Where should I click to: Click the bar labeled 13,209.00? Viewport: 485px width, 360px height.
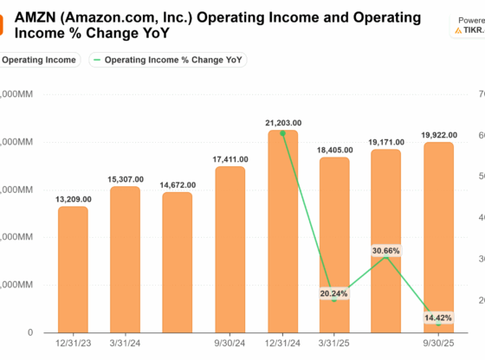click(73, 269)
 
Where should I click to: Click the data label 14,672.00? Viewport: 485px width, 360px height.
click(177, 185)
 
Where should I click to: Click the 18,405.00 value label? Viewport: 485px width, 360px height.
click(333, 150)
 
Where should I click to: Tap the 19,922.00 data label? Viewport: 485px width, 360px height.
click(437, 135)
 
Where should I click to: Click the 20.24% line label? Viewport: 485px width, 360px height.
click(333, 293)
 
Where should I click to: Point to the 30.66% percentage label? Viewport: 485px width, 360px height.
click(385, 250)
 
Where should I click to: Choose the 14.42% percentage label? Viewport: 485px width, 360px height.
click(437, 318)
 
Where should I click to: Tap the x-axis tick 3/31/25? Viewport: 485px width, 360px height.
click(333, 343)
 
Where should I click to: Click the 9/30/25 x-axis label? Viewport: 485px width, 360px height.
click(437, 343)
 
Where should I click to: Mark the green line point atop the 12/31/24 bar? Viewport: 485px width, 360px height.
click(282, 133)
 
